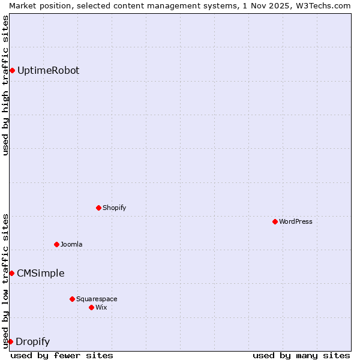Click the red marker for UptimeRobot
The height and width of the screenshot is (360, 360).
(x=12, y=71)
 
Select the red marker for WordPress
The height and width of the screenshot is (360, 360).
(x=275, y=221)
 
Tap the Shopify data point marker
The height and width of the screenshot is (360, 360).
(x=98, y=208)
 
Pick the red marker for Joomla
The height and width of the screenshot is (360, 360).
(x=56, y=244)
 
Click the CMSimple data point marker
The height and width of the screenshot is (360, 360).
(x=11, y=274)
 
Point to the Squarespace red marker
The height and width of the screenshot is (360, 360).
(x=72, y=299)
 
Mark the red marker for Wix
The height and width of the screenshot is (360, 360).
(x=91, y=307)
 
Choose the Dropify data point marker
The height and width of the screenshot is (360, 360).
(x=10, y=342)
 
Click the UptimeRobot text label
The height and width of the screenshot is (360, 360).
(x=48, y=71)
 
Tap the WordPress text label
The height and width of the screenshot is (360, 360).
(x=296, y=221)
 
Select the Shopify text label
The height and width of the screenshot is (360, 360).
(x=115, y=208)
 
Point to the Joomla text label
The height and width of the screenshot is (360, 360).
(x=71, y=244)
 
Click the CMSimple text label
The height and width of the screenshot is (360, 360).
(x=41, y=274)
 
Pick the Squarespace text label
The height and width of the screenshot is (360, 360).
(x=97, y=299)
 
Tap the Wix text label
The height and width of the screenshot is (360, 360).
(x=101, y=307)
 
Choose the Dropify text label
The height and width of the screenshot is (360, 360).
(x=33, y=342)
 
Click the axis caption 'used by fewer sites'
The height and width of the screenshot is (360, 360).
(x=62, y=355)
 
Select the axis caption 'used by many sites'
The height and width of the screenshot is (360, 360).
(x=301, y=355)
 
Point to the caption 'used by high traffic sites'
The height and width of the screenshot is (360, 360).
(x=5, y=85)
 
